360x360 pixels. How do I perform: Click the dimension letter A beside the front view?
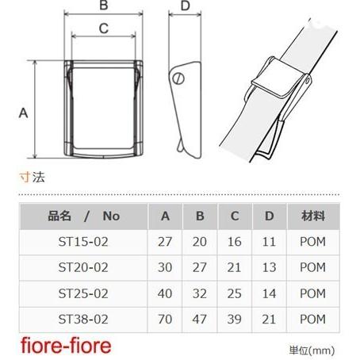(x=23, y=113)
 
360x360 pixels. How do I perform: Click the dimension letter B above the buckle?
(x=104, y=6)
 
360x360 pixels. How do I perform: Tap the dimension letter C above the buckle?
(x=104, y=29)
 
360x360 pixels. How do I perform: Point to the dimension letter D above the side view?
(x=186, y=6)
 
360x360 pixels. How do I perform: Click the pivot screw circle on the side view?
(x=178, y=79)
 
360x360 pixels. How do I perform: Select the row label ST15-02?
(x=83, y=242)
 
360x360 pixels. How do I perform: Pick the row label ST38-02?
(x=83, y=320)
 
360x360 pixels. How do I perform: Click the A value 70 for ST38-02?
(x=165, y=320)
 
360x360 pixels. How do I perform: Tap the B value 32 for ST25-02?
(x=200, y=293)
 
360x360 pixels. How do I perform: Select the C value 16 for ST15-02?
(x=235, y=242)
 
